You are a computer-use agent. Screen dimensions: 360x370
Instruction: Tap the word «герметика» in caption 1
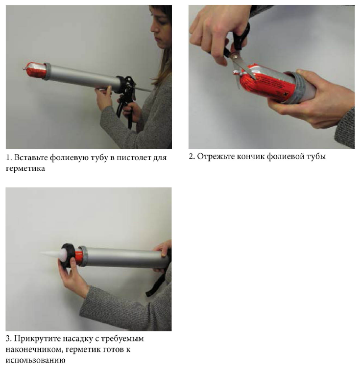pos(25,169)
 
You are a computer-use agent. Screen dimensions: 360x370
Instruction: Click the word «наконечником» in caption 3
pos(34,349)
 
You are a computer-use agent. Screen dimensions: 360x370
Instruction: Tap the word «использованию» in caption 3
pos(35,360)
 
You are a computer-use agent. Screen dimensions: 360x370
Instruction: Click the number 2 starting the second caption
pos(192,157)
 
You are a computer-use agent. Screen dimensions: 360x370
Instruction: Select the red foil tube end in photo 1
pos(35,69)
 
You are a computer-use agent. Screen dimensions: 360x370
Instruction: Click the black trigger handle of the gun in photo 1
pos(126,101)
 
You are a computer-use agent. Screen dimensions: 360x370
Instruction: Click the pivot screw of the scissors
pos(234,57)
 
